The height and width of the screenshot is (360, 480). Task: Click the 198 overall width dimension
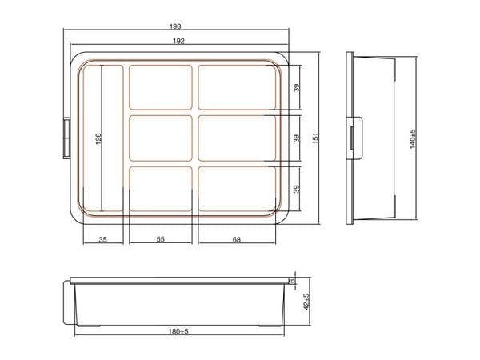pos(175,26)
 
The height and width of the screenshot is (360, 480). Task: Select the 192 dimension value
pos(178,41)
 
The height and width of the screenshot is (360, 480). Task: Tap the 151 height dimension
pos(316,138)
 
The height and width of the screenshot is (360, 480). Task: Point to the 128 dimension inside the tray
pos(98,138)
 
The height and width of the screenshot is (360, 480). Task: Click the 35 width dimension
pos(103,240)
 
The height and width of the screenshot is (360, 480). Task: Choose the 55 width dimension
pos(161,239)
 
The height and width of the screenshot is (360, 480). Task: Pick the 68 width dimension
pos(237,240)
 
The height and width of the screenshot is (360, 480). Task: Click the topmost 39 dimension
pos(297,88)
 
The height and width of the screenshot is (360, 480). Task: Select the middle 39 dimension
pos(297,138)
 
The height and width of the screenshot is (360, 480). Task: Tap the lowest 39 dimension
pos(297,189)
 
